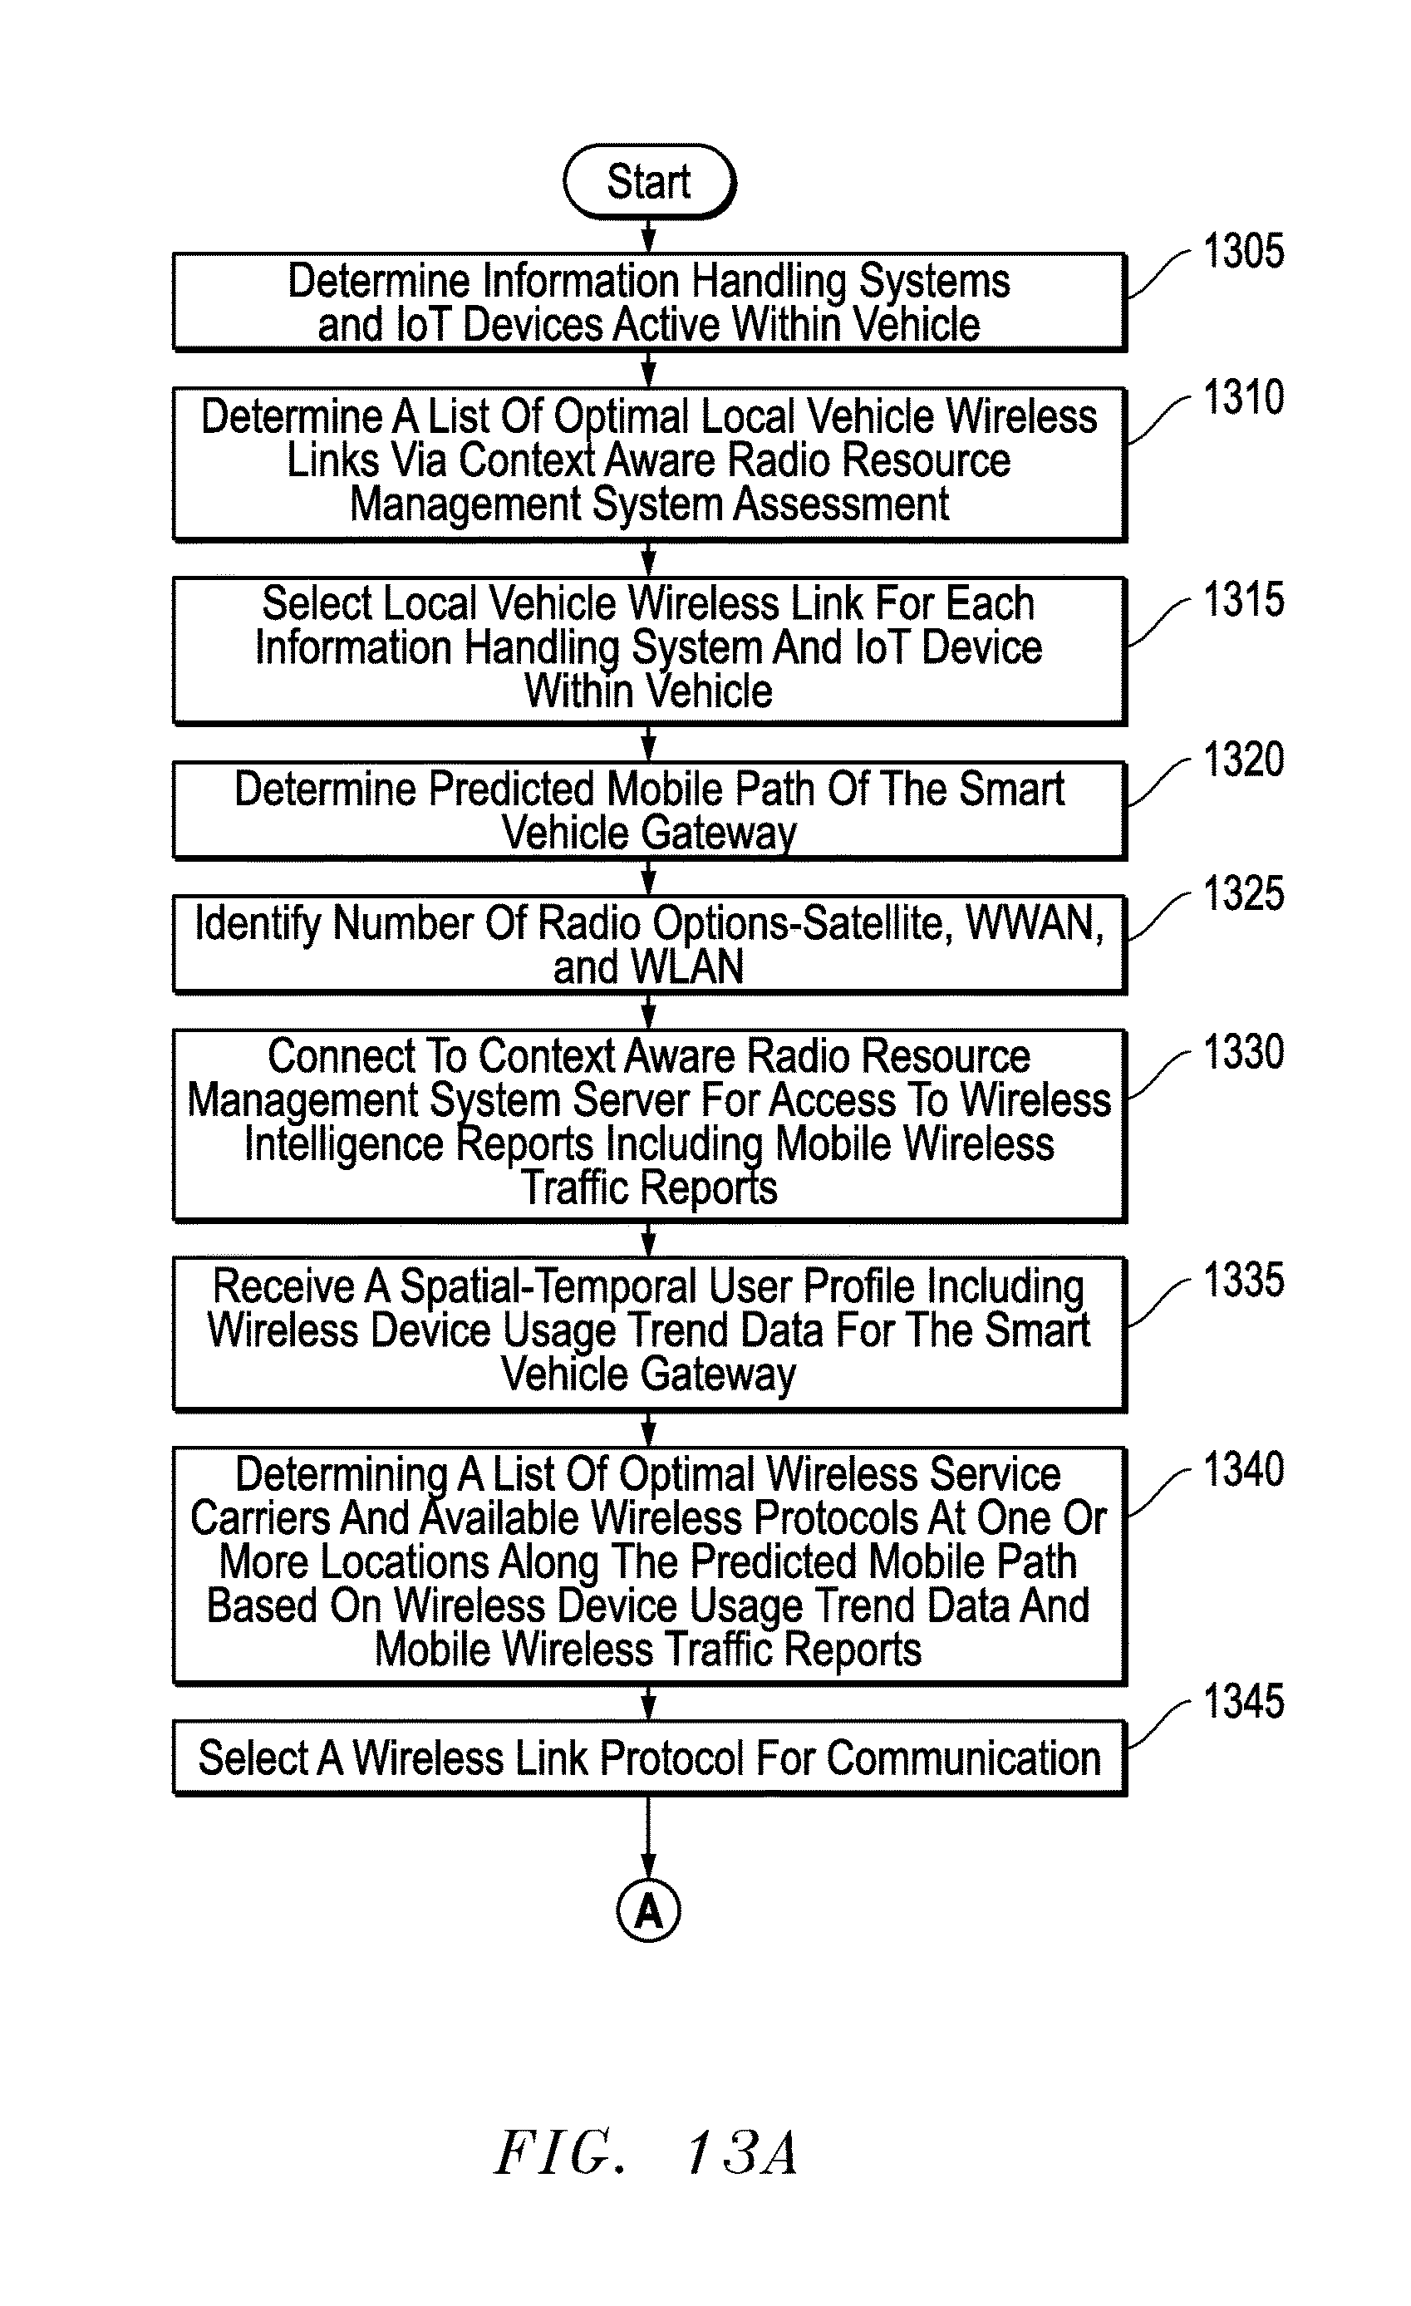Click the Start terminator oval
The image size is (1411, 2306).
pos(649,181)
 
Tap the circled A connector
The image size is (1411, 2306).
pos(648,1910)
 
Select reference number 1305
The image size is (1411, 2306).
pos(1242,251)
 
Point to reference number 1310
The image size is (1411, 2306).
pos(1242,397)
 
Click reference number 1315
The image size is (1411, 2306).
pos(1242,599)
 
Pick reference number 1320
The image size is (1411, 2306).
pos(1242,759)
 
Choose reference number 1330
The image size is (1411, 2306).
pos(1242,1052)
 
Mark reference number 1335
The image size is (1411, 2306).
pos(1242,1280)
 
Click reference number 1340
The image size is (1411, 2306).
pos(1242,1469)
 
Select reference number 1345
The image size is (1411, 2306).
pos(1242,1700)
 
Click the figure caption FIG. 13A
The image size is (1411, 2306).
pos(647,2153)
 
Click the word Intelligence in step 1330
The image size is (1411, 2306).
pos(343,1144)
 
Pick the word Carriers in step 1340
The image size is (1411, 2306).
pos(259,1518)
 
